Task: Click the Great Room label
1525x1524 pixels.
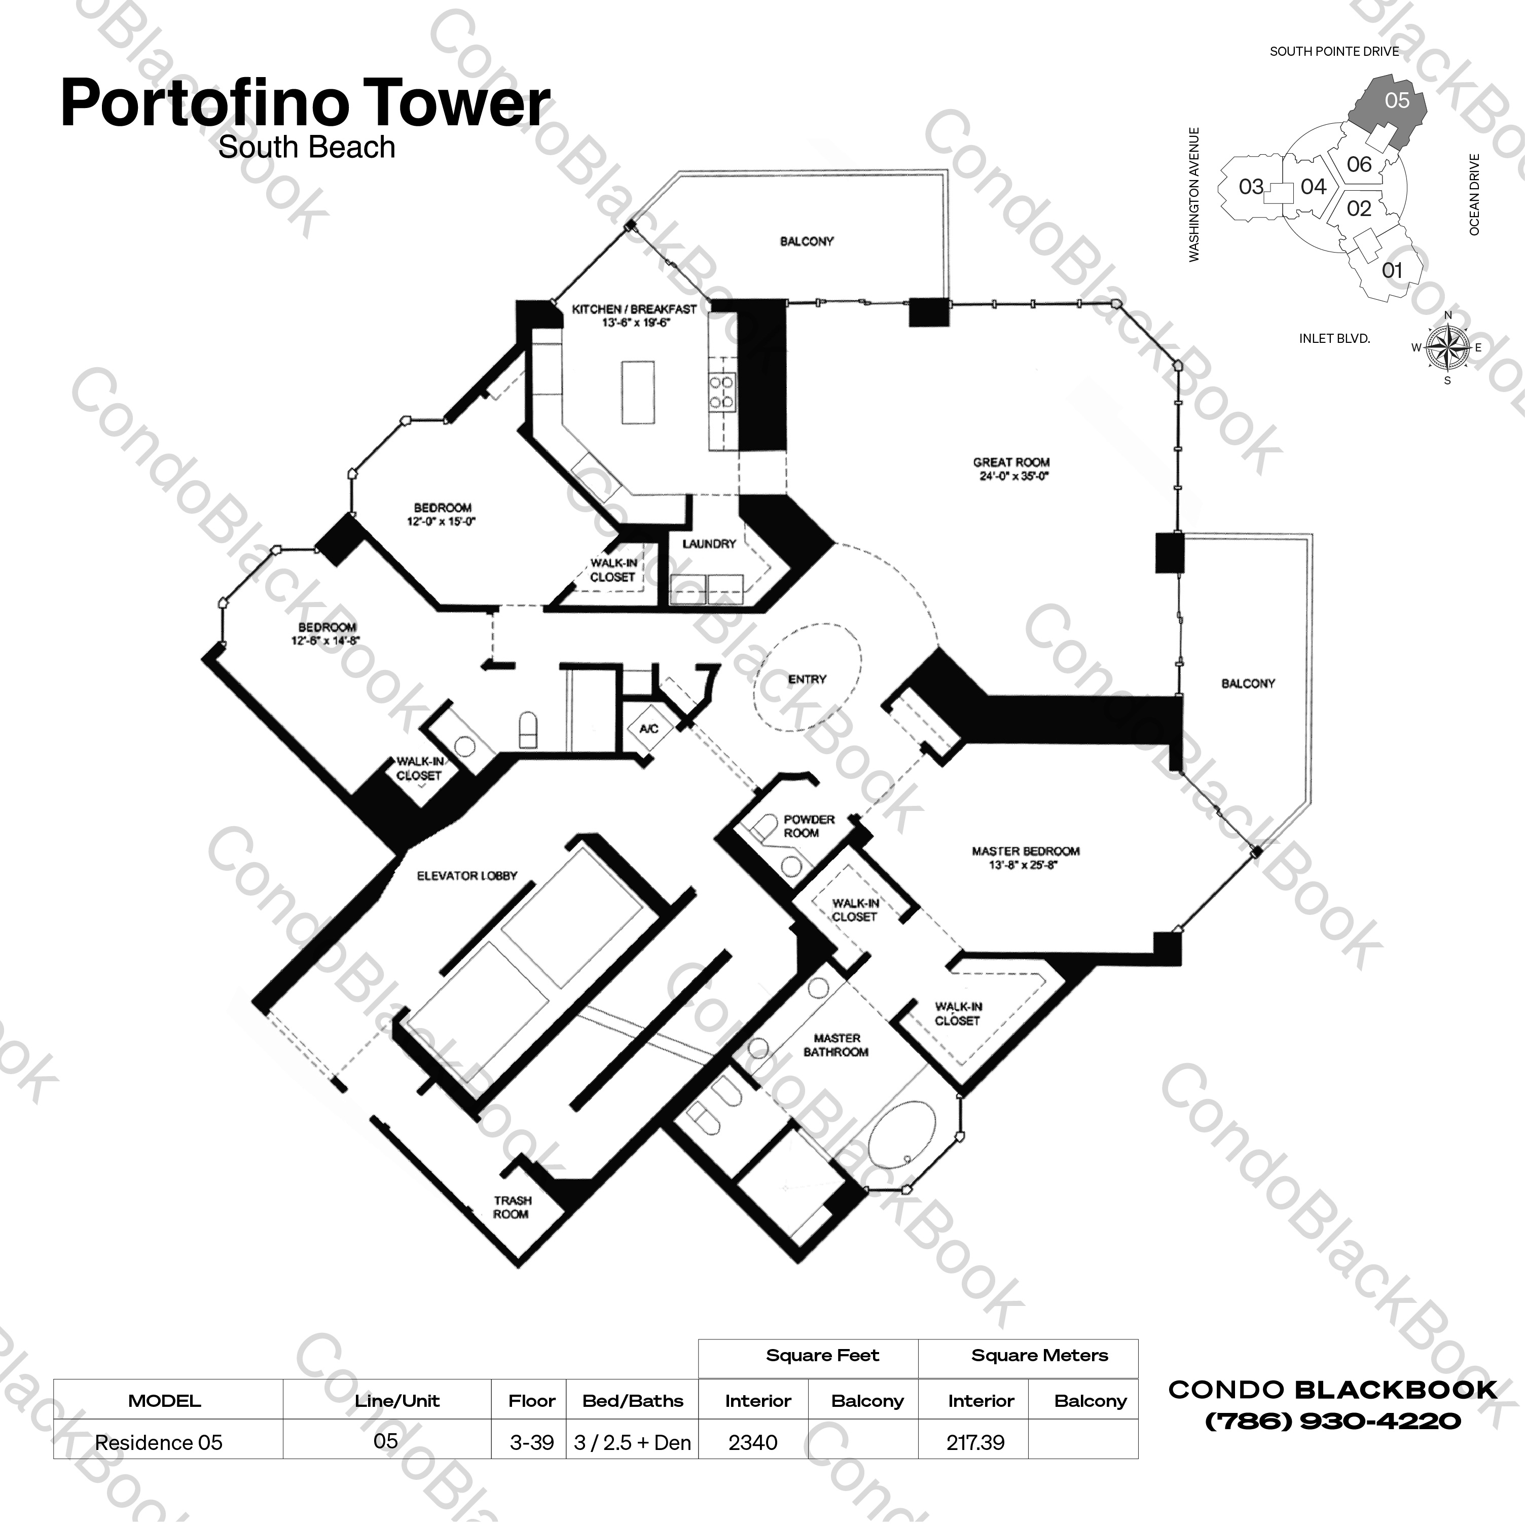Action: coord(1011,462)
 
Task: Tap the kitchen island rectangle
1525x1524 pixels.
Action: coord(638,393)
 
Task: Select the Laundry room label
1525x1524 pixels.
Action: coord(709,544)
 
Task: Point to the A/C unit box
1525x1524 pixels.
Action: coord(649,728)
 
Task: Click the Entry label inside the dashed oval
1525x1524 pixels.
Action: coord(807,679)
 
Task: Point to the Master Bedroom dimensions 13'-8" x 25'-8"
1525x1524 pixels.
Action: coord(1026,865)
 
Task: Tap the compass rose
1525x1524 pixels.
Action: coord(1447,347)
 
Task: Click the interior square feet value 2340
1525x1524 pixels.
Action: coord(753,1443)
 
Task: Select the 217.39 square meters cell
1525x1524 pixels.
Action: coord(975,1443)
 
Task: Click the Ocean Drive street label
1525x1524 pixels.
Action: coord(1474,194)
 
